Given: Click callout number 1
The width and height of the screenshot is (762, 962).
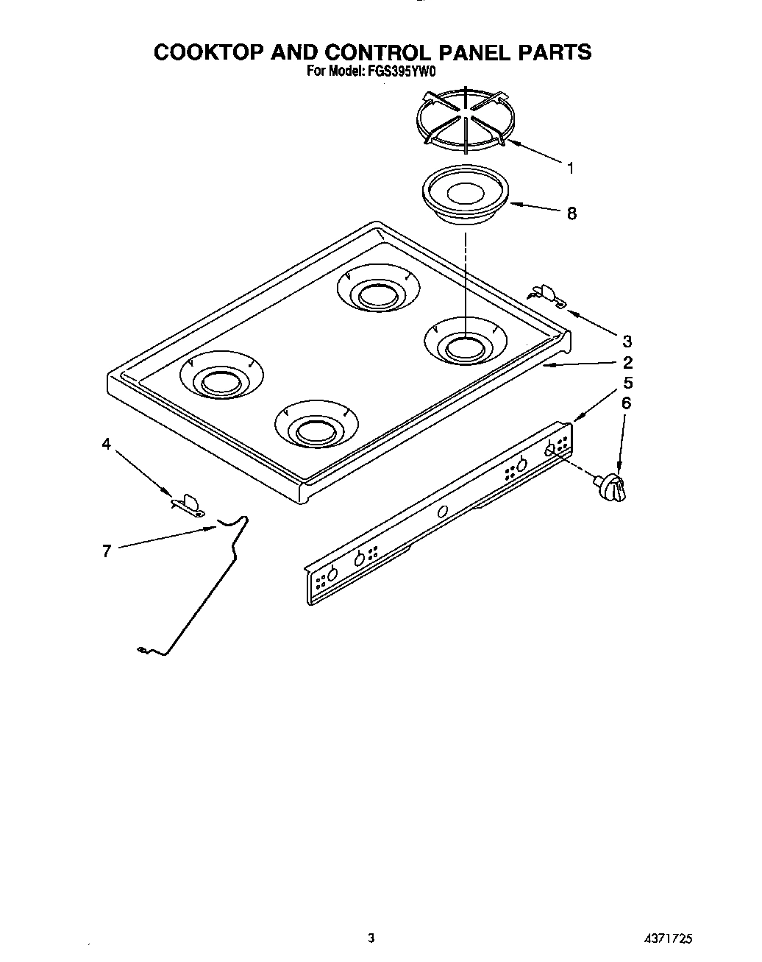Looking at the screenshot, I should point(570,168).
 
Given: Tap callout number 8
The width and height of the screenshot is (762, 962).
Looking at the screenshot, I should point(571,214).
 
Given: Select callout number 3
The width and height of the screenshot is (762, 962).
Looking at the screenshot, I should point(627,342).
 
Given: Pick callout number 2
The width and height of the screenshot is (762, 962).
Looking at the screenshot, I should point(627,362).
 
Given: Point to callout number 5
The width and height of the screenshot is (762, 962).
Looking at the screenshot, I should point(627,383).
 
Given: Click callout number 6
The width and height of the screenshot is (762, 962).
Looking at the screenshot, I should point(627,403).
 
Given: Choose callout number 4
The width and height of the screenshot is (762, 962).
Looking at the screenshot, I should point(107,444).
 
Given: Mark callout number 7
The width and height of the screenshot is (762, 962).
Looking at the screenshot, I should point(107,551).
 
